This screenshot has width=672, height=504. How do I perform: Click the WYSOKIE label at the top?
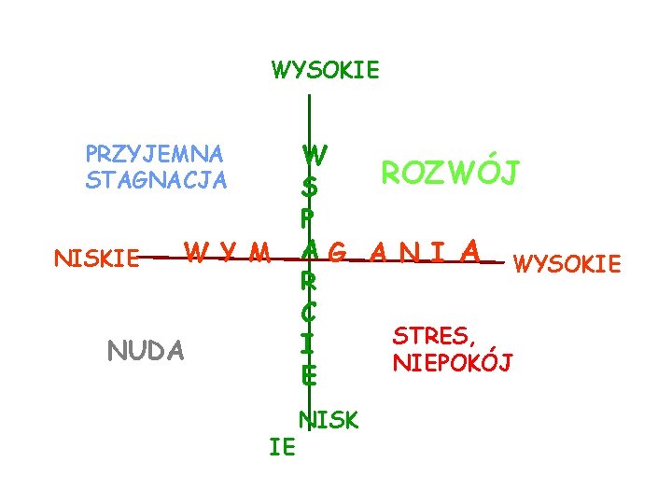[x=325, y=70]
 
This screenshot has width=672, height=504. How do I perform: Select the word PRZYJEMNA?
[x=154, y=153]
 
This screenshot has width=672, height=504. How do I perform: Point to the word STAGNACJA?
[x=156, y=179]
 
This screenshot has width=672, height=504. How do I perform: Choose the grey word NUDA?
[x=147, y=351]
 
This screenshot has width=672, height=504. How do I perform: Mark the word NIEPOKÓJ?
[x=453, y=362]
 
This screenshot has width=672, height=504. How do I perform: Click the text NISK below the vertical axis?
[x=328, y=421]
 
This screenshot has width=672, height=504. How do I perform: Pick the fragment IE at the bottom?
[x=282, y=448]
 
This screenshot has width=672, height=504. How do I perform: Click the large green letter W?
[x=315, y=154]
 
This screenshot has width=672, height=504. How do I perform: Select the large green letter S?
[x=309, y=188]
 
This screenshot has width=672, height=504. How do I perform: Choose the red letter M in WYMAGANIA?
[x=260, y=252]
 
